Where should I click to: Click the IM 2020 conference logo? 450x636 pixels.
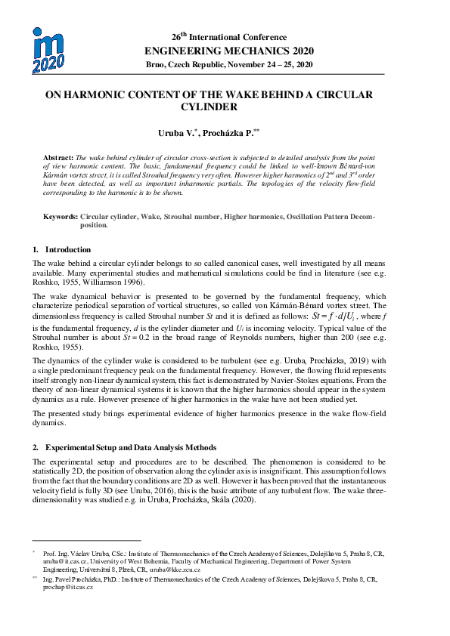point(48,50)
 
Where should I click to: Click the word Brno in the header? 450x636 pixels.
point(157,65)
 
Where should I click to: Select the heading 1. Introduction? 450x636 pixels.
point(62,249)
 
